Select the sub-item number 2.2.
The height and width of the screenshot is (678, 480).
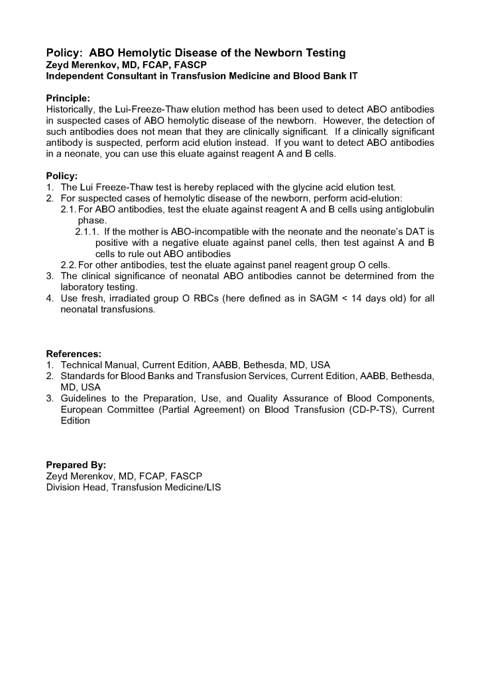[x=68, y=265]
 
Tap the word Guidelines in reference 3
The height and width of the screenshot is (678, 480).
[x=85, y=398]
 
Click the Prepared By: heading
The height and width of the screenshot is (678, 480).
[x=76, y=465]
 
